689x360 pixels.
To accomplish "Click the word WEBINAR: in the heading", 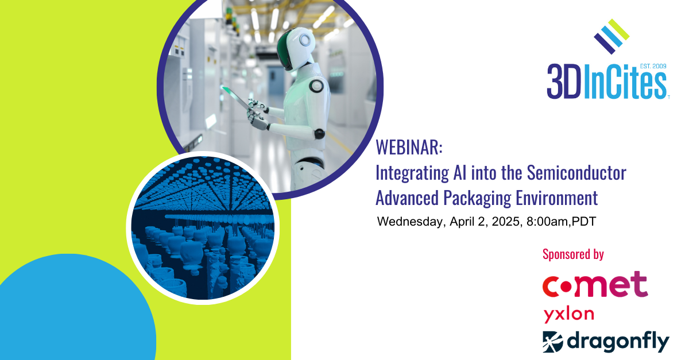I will click(x=409, y=148).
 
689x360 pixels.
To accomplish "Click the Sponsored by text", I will click(x=573, y=254).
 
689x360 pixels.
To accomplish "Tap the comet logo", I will click(x=595, y=285).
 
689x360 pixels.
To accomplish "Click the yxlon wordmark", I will click(x=568, y=315).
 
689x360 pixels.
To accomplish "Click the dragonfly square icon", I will click(x=553, y=341).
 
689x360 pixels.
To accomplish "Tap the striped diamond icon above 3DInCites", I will click(x=611, y=36).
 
